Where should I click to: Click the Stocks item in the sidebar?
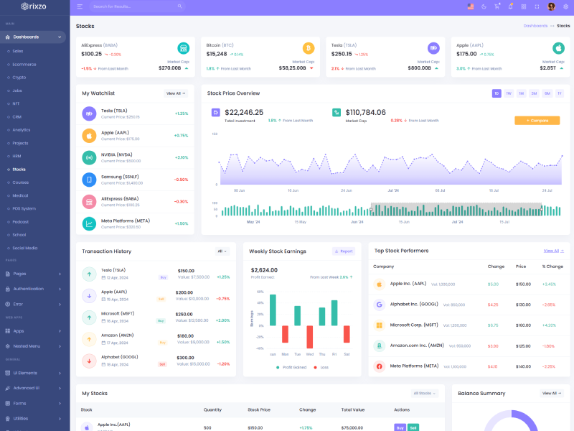(x=19, y=170)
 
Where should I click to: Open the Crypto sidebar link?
(x=19, y=77)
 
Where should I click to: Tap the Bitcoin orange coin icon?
(x=309, y=48)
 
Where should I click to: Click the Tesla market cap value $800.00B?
(x=420, y=68)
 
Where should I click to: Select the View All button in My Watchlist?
(x=176, y=93)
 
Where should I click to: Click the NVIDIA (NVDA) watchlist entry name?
(x=116, y=155)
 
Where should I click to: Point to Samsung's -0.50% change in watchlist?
(x=181, y=180)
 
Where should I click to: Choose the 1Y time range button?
(x=560, y=93)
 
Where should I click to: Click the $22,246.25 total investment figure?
(x=244, y=113)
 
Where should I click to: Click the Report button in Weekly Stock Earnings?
(x=344, y=251)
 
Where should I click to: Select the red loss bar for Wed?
(x=310, y=337)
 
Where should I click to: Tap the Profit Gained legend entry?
(x=293, y=367)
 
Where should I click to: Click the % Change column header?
(x=552, y=267)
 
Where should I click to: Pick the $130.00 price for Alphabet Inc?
(x=524, y=305)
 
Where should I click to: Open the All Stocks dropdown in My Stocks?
(x=424, y=394)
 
